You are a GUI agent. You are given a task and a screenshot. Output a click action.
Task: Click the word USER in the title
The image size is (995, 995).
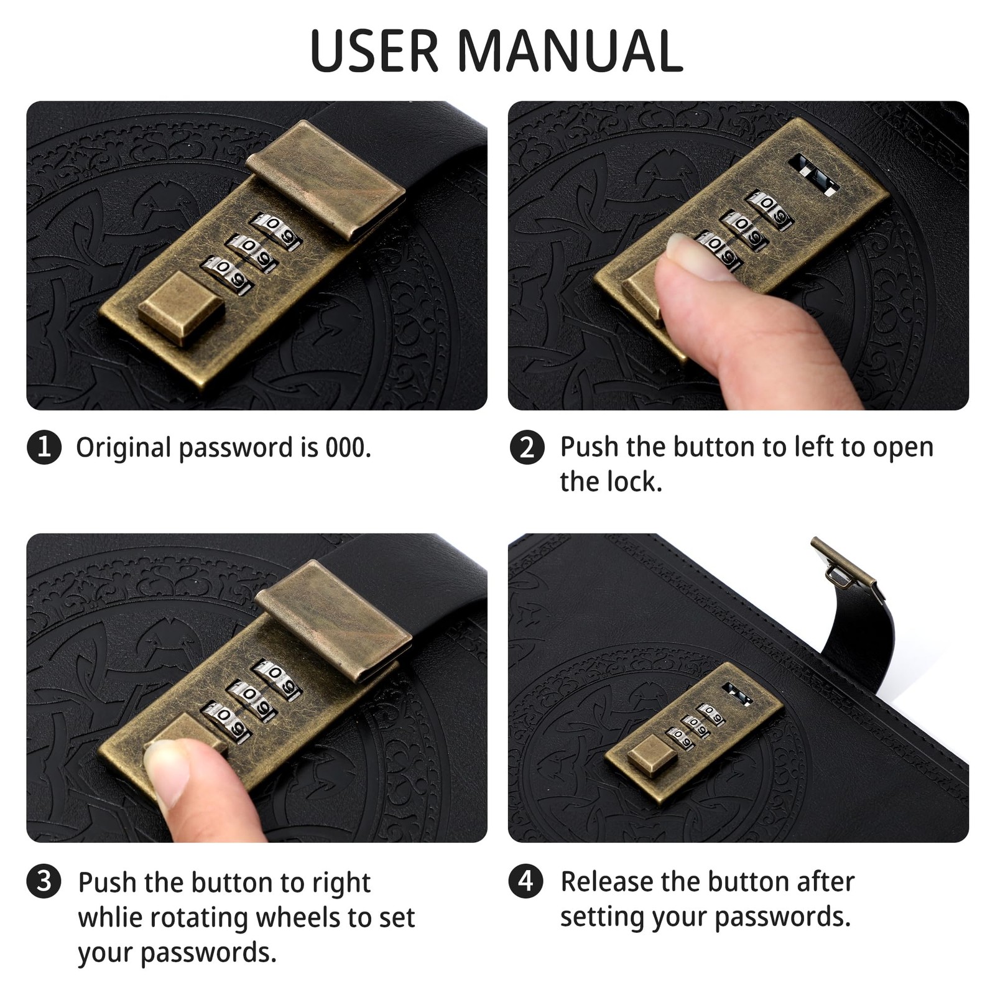click(374, 50)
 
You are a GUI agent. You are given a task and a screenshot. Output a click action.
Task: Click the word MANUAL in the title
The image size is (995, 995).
click(570, 50)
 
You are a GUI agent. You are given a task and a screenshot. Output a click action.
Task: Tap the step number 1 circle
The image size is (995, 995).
click(44, 447)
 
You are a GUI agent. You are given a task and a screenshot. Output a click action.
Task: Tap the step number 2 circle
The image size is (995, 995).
click(527, 447)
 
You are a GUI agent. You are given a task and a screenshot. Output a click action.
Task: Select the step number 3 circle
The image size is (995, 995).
click(44, 881)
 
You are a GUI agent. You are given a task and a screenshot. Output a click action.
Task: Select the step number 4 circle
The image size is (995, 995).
click(526, 881)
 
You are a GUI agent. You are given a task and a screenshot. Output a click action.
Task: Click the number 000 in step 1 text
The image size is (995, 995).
click(348, 447)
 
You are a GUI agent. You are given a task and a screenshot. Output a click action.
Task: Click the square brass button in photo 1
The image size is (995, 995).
click(181, 307)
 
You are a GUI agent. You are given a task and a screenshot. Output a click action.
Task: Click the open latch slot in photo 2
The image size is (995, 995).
click(813, 174)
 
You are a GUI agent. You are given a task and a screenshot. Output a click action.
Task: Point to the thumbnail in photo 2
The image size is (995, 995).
click(696, 256)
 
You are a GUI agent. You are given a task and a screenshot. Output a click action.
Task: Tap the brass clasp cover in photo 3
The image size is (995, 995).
click(333, 619)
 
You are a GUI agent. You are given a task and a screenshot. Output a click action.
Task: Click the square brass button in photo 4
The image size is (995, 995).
click(652, 754)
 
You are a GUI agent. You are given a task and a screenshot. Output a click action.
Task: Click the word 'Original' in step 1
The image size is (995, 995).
click(123, 448)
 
